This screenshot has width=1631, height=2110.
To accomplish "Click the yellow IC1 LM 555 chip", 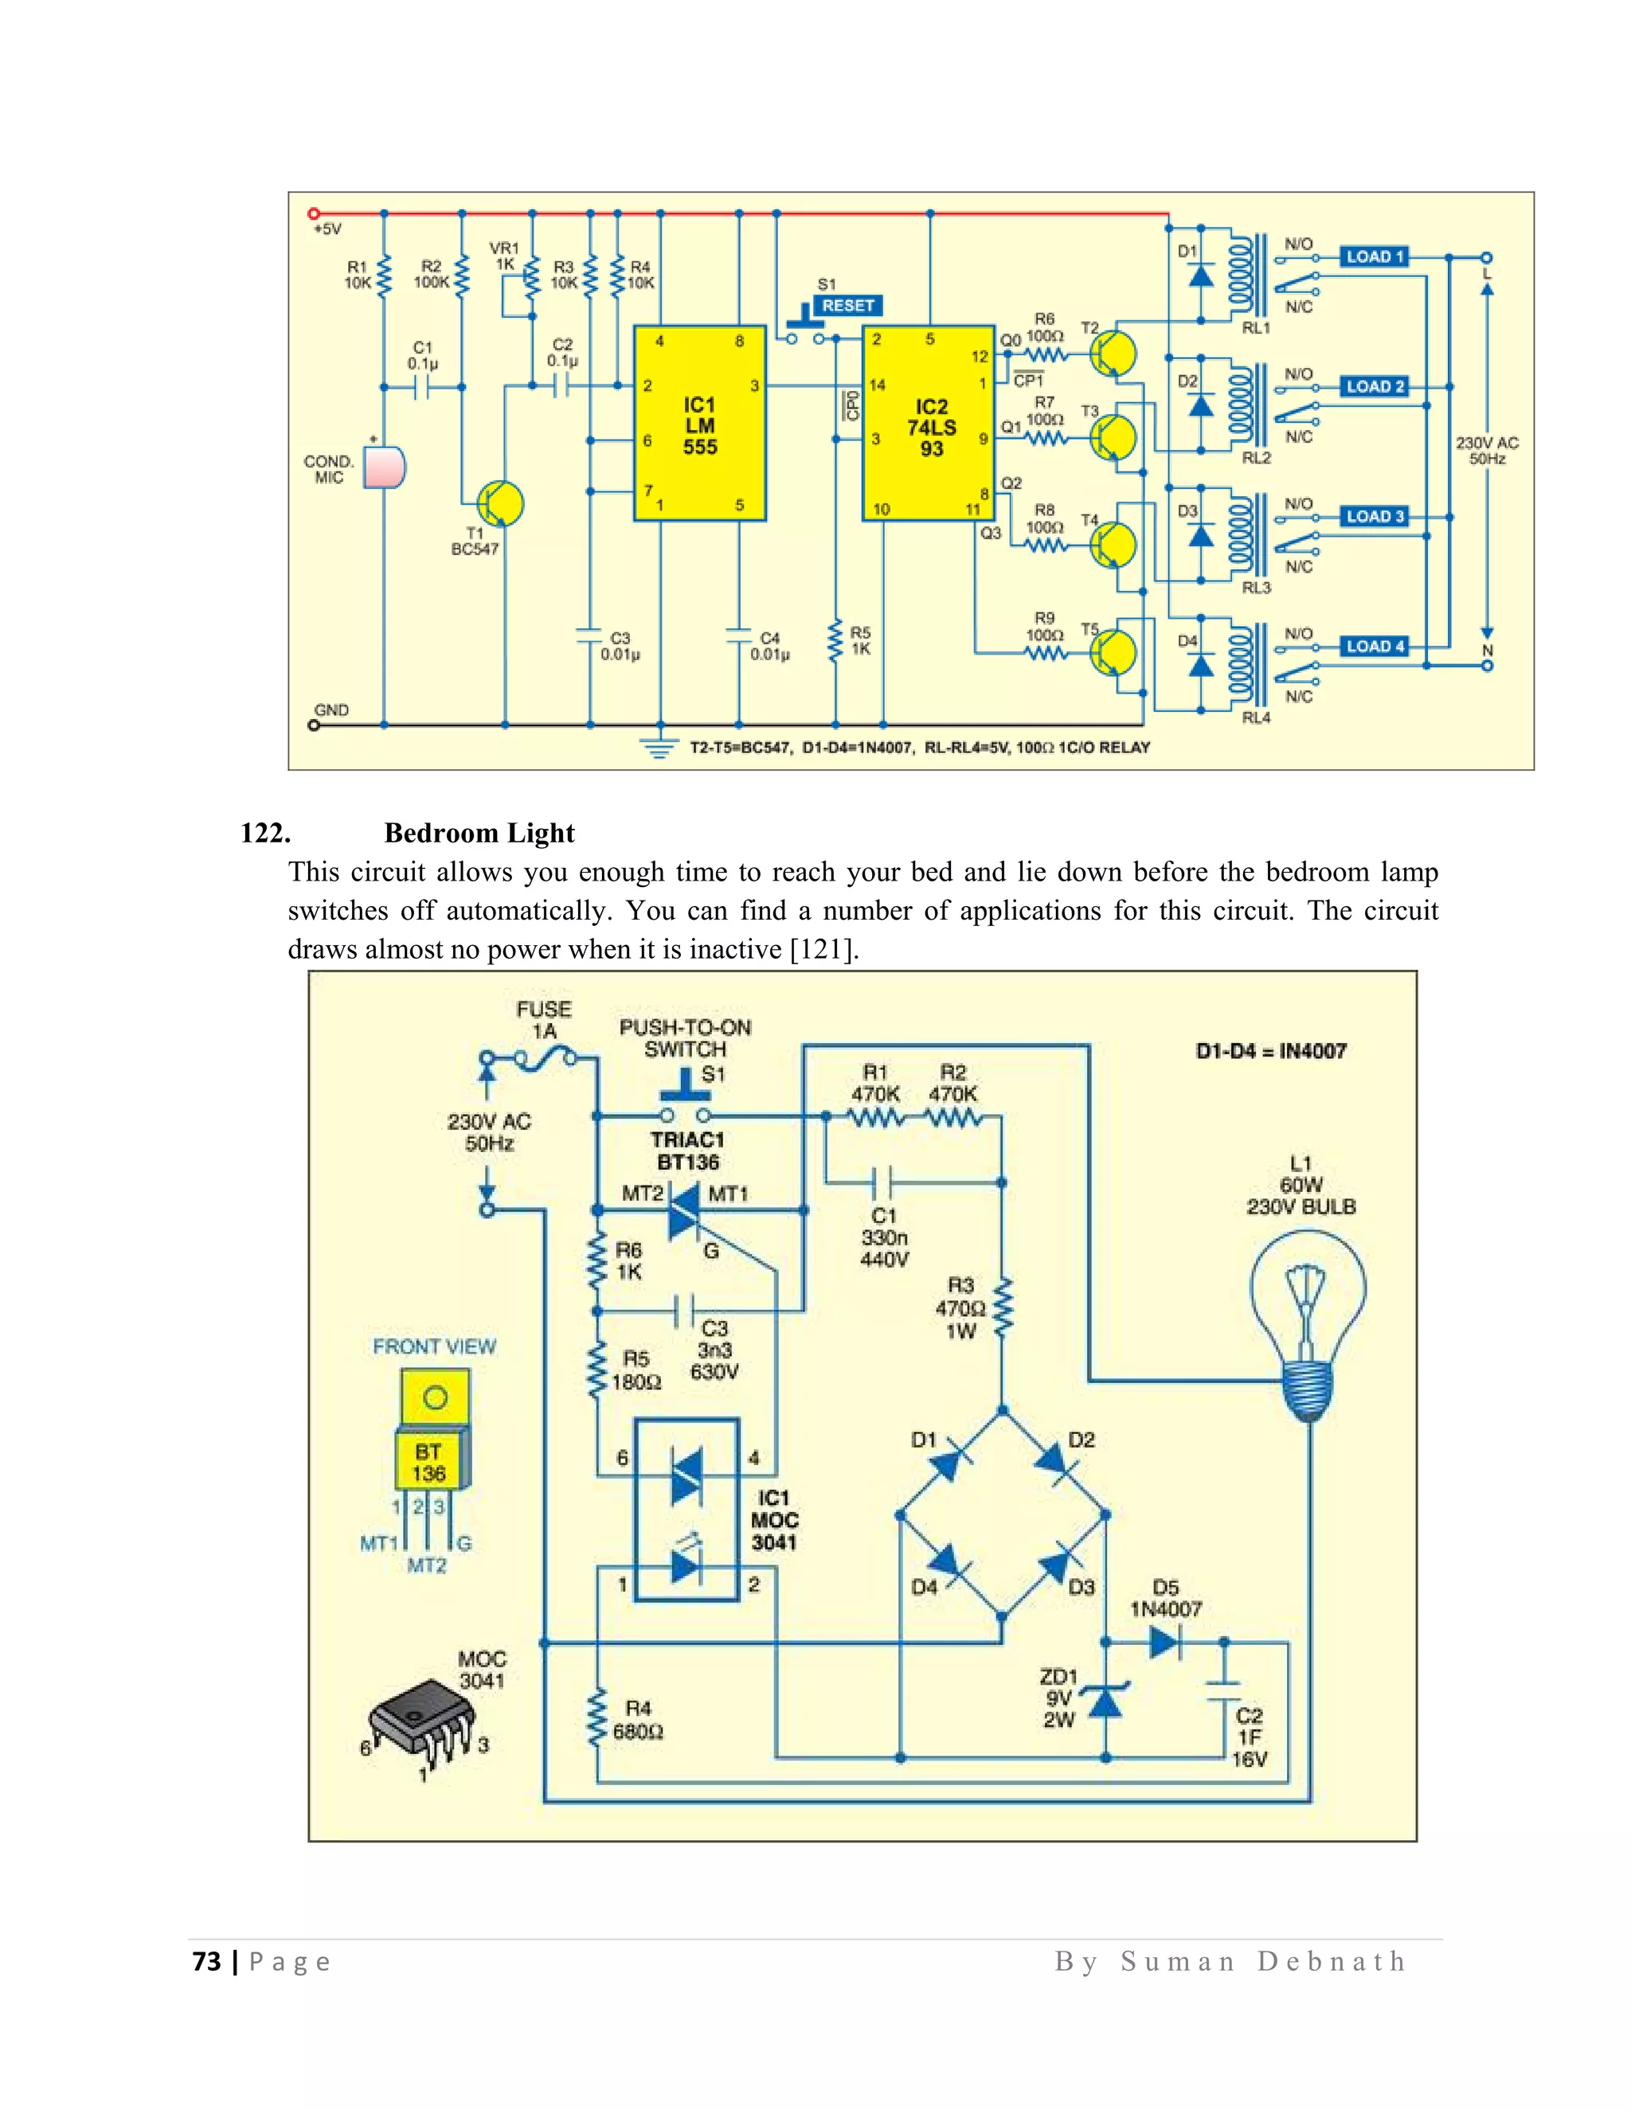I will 699,423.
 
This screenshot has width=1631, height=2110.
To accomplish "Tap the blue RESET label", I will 847,305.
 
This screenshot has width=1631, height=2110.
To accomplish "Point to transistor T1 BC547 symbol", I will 499,503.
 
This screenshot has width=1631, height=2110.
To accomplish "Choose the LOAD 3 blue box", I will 1374,516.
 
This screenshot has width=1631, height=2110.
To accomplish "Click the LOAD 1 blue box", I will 1374,257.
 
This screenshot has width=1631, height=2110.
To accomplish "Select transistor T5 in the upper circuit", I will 1113,652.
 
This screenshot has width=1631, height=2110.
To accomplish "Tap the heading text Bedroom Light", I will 479,833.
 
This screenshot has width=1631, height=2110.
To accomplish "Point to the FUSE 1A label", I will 544,1019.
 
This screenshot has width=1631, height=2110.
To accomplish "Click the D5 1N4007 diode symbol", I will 1164,1642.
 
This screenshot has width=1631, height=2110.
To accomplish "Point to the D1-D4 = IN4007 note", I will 1269,1051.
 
